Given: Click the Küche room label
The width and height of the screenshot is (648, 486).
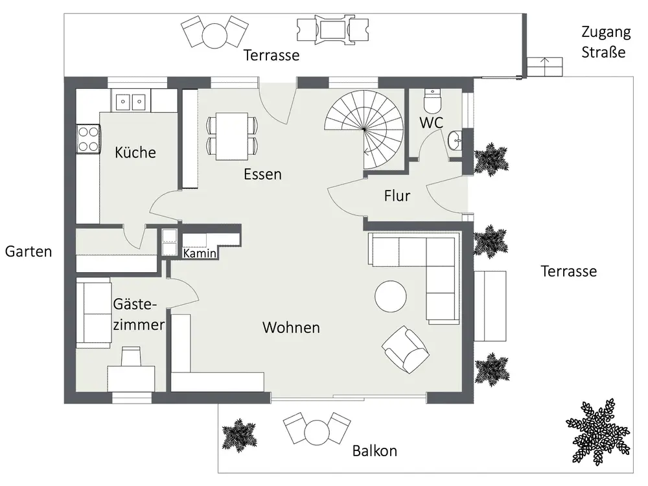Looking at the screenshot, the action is (135, 152).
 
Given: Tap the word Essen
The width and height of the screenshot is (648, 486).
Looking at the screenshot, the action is (262, 174).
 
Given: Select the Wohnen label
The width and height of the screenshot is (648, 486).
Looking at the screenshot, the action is (291, 327).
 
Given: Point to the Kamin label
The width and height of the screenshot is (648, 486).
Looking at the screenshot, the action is (199, 253).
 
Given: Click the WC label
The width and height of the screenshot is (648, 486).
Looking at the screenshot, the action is (431, 122).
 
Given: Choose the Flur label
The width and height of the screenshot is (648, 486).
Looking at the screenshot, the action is (397, 196).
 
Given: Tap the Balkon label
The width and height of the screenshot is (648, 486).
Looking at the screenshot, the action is (375, 450).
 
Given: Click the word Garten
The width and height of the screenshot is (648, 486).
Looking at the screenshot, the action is (29, 251).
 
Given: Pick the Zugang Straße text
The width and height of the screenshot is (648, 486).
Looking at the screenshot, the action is (605, 41).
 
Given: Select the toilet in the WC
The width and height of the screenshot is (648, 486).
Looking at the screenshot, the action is (433, 101).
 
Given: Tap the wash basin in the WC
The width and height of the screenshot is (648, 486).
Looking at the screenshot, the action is (455, 141).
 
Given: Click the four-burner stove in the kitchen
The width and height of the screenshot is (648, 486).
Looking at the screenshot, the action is (88, 139).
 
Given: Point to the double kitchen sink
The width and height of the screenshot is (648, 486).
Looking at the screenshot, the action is (131, 101).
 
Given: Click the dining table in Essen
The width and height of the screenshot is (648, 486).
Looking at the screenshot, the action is (232, 136).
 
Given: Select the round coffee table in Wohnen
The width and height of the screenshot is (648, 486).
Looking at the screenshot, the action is (391, 296).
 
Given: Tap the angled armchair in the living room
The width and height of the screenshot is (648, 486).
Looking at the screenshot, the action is (406, 349).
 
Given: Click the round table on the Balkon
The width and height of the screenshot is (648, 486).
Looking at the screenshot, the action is (317, 432).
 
